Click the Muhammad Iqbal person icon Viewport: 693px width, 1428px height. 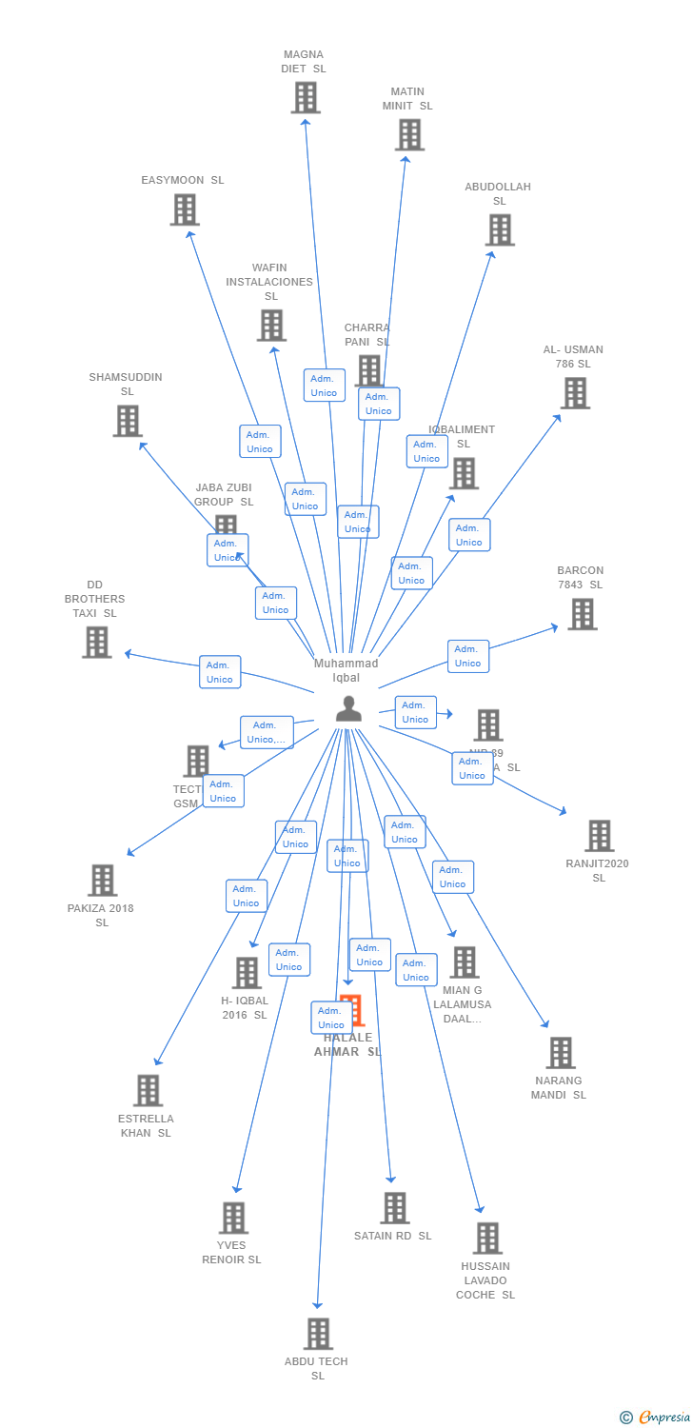coord(348,709)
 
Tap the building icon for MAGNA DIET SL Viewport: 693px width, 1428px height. coord(306,97)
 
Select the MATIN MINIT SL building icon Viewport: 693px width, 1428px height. coord(409,135)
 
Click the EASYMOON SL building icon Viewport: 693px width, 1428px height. coord(185,209)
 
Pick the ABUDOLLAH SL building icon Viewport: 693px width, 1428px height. coord(500,230)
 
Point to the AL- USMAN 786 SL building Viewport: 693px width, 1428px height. coord(575,393)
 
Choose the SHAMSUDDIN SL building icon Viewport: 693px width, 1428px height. coord(128,421)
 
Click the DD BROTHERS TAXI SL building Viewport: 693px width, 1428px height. coord(96,643)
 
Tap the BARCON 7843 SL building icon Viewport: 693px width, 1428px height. coord(583,614)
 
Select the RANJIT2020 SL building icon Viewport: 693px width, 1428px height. coord(599,836)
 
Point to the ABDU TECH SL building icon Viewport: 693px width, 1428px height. coord(318,1334)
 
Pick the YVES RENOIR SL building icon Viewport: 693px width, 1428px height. coord(233,1218)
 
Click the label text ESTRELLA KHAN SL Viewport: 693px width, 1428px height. coord(147,1125)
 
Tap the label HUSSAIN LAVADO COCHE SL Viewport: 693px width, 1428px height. coord(485,1280)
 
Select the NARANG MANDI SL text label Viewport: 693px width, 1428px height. coord(559,1087)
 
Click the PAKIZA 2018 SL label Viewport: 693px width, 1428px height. coord(101,915)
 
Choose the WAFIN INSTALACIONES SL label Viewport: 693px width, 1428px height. coord(269,282)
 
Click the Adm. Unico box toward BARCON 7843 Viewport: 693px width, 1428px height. coord(468,656)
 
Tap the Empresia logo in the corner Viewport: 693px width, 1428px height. coord(656,1418)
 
